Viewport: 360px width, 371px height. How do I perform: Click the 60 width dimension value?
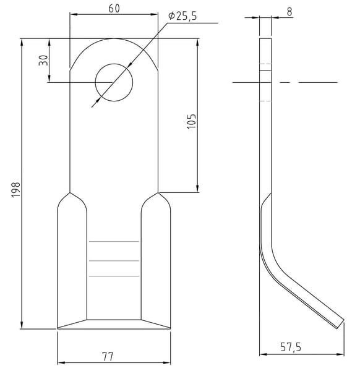(114, 9)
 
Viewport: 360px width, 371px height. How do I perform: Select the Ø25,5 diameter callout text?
(182, 16)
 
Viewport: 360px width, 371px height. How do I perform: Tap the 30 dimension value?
(43, 61)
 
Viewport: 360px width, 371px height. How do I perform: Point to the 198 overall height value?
(16, 190)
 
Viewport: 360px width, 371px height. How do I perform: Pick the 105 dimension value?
(192, 121)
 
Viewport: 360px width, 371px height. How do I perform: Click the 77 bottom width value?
(108, 356)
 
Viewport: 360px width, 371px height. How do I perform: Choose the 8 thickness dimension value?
(289, 12)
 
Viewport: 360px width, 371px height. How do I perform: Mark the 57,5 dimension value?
(291, 347)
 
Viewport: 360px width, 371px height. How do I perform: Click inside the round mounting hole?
(114, 82)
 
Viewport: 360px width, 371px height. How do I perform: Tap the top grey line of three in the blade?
(114, 242)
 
